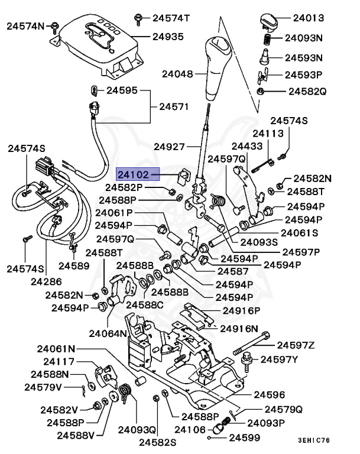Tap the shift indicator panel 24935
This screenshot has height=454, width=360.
(103, 44)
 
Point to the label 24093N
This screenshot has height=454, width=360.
(304, 38)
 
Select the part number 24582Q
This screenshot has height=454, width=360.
(307, 92)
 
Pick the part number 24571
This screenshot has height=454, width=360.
(173, 107)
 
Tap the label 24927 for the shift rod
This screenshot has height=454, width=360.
(169, 146)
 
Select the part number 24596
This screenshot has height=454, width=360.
(270, 394)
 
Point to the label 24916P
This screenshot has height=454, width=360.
(241, 310)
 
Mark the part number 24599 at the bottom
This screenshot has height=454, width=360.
(245, 438)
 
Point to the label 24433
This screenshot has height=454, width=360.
(247, 145)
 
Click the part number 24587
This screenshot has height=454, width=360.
(233, 271)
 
